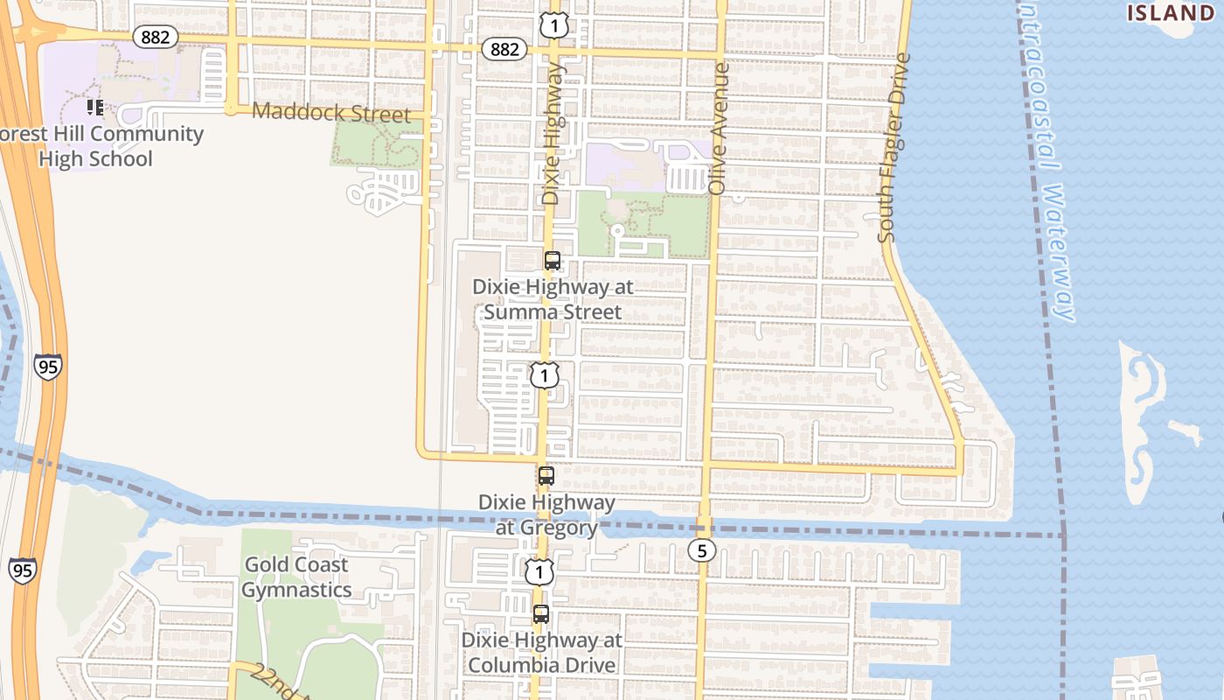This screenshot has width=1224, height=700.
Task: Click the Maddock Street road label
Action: [x=330, y=114]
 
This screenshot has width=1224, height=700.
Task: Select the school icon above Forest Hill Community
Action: [x=94, y=108]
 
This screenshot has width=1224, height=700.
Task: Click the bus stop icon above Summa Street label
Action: [x=553, y=260]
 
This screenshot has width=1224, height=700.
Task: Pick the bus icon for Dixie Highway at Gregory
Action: [x=546, y=476]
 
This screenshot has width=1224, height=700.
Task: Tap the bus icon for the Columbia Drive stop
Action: [x=541, y=614]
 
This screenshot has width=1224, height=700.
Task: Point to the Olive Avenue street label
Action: [x=720, y=128]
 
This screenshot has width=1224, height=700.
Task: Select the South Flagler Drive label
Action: [x=894, y=148]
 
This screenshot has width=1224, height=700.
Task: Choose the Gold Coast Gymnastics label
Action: [x=296, y=577]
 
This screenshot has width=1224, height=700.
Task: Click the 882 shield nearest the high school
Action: [x=156, y=37]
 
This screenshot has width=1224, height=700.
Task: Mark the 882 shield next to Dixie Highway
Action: [x=504, y=49]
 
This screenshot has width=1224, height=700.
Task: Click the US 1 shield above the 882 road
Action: [x=553, y=25]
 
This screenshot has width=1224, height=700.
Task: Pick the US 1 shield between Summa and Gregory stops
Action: [x=544, y=375]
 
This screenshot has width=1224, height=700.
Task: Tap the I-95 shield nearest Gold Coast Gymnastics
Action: [x=24, y=569]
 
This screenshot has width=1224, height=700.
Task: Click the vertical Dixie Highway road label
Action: [x=551, y=133]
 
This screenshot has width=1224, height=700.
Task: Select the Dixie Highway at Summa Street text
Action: [x=553, y=299]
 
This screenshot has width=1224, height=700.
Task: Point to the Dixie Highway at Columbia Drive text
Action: [x=541, y=652]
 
